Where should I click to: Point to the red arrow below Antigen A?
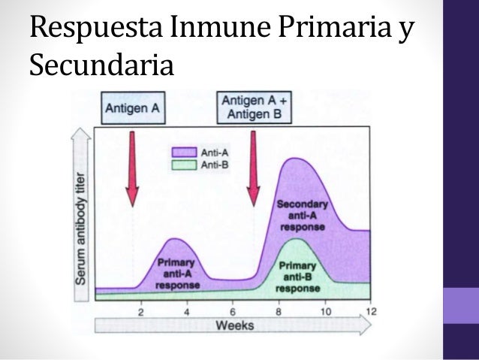point(132,169)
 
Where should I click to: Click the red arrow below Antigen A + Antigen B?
point(254,169)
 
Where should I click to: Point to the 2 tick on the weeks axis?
point(140,310)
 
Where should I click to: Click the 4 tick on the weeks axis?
point(186,310)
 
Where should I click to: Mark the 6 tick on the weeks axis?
point(233,310)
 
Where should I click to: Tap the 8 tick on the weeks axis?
point(279,310)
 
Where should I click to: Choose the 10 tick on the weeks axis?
point(325,310)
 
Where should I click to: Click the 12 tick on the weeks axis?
point(370,310)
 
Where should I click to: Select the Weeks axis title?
point(234,325)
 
